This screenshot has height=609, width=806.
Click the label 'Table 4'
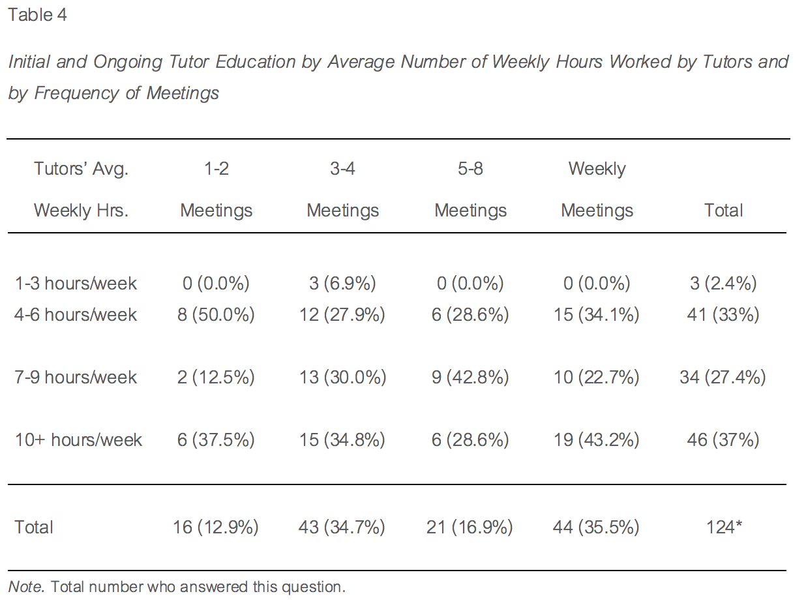[x=37, y=15]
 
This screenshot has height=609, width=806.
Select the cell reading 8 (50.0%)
[x=216, y=315]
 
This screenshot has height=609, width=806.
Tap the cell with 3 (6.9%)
[x=343, y=284]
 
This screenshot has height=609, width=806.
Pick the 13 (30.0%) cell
[x=343, y=378]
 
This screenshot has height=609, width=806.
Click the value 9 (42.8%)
[x=470, y=378]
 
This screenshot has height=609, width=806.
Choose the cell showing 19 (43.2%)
[x=597, y=440]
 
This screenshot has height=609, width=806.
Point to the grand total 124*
[x=724, y=527]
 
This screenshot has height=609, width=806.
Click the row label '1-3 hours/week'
[x=76, y=284]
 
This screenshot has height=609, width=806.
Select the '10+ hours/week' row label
[x=78, y=440]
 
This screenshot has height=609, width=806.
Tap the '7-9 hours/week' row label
[x=76, y=378]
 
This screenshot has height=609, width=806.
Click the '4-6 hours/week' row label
[x=76, y=315]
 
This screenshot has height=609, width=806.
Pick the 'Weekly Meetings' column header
[x=597, y=190]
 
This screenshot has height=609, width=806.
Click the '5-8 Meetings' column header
[x=470, y=190]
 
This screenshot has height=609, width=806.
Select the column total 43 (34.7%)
[x=343, y=527]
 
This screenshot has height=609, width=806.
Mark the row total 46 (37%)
[x=723, y=440]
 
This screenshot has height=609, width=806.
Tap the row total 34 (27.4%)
[x=723, y=378]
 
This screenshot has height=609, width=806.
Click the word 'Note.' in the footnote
[x=27, y=587]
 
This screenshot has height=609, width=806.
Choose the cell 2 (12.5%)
[x=216, y=378]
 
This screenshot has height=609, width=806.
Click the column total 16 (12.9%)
[x=216, y=527]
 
